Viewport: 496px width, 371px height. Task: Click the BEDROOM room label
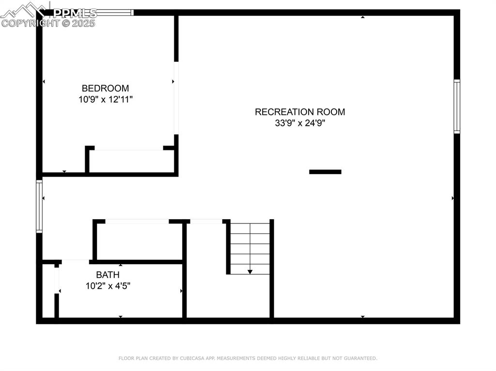(105, 88)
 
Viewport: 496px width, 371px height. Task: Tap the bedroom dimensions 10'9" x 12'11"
(105, 100)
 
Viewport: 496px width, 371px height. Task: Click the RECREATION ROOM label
(300, 112)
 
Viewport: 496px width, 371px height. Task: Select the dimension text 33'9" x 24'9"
(300, 123)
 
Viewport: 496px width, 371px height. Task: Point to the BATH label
(108, 275)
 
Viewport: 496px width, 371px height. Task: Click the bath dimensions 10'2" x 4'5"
(108, 286)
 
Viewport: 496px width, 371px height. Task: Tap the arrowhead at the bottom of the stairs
(250, 272)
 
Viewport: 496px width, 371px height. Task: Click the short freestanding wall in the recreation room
(325, 172)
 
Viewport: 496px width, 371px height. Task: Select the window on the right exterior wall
(457, 106)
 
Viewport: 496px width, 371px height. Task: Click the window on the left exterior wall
(39, 207)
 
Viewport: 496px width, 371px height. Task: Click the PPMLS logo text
(75, 13)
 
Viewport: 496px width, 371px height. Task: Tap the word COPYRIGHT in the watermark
(31, 23)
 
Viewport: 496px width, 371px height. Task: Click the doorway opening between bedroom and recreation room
(176, 98)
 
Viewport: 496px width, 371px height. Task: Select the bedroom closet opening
(129, 148)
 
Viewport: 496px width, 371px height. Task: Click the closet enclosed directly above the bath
(139, 241)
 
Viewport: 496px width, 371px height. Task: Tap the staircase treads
(250, 249)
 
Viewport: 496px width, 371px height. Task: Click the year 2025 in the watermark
(83, 23)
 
